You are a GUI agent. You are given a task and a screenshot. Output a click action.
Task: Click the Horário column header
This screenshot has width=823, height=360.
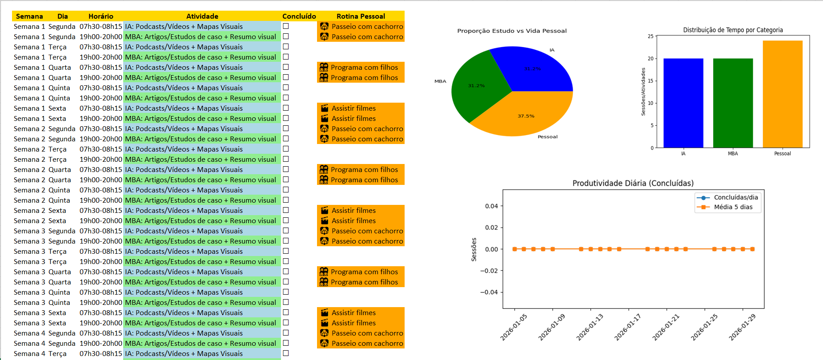pyautogui.click(x=101, y=16)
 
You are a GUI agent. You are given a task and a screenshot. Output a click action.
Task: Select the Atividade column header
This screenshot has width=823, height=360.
pyautogui.click(x=202, y=16)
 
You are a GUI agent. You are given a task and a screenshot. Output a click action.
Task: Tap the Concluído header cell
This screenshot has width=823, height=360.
pyautogui.click(x=299, y=16)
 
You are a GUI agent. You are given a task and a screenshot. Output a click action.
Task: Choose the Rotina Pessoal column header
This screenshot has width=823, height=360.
pyautogui.click(x=361, y=16)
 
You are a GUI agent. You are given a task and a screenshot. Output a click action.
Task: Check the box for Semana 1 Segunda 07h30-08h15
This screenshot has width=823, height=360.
pyautogui.click(x=286, y=26)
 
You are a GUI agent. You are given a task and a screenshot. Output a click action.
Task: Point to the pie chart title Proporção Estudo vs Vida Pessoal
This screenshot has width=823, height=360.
pyautogui.click(x=512, y=31)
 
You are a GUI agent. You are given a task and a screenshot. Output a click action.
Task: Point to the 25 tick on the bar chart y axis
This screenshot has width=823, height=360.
pyautogui.click(x=650, y=36)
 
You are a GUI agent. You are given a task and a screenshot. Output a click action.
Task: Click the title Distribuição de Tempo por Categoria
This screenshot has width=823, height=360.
pyautogui.click(x=733, y=30)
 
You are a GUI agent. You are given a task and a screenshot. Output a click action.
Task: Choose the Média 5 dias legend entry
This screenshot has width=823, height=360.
pyautogui.click(x=733, y=207)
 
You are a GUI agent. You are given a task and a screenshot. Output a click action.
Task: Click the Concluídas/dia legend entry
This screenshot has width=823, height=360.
pyautogui.click(x=735, y=197)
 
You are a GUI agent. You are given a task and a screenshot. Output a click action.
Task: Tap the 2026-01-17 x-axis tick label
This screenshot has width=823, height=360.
pyautogui.click(x=627, y=327)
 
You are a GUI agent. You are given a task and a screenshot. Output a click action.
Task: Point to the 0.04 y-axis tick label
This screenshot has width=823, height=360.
pyautogui.click(x=491, y=206)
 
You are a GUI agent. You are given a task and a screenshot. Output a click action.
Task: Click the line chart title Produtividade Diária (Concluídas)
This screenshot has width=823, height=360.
pyautogui.click(x=633, y=183)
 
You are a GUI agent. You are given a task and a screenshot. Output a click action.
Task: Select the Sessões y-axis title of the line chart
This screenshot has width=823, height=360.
pyautogui.click(x=474, y=249)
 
